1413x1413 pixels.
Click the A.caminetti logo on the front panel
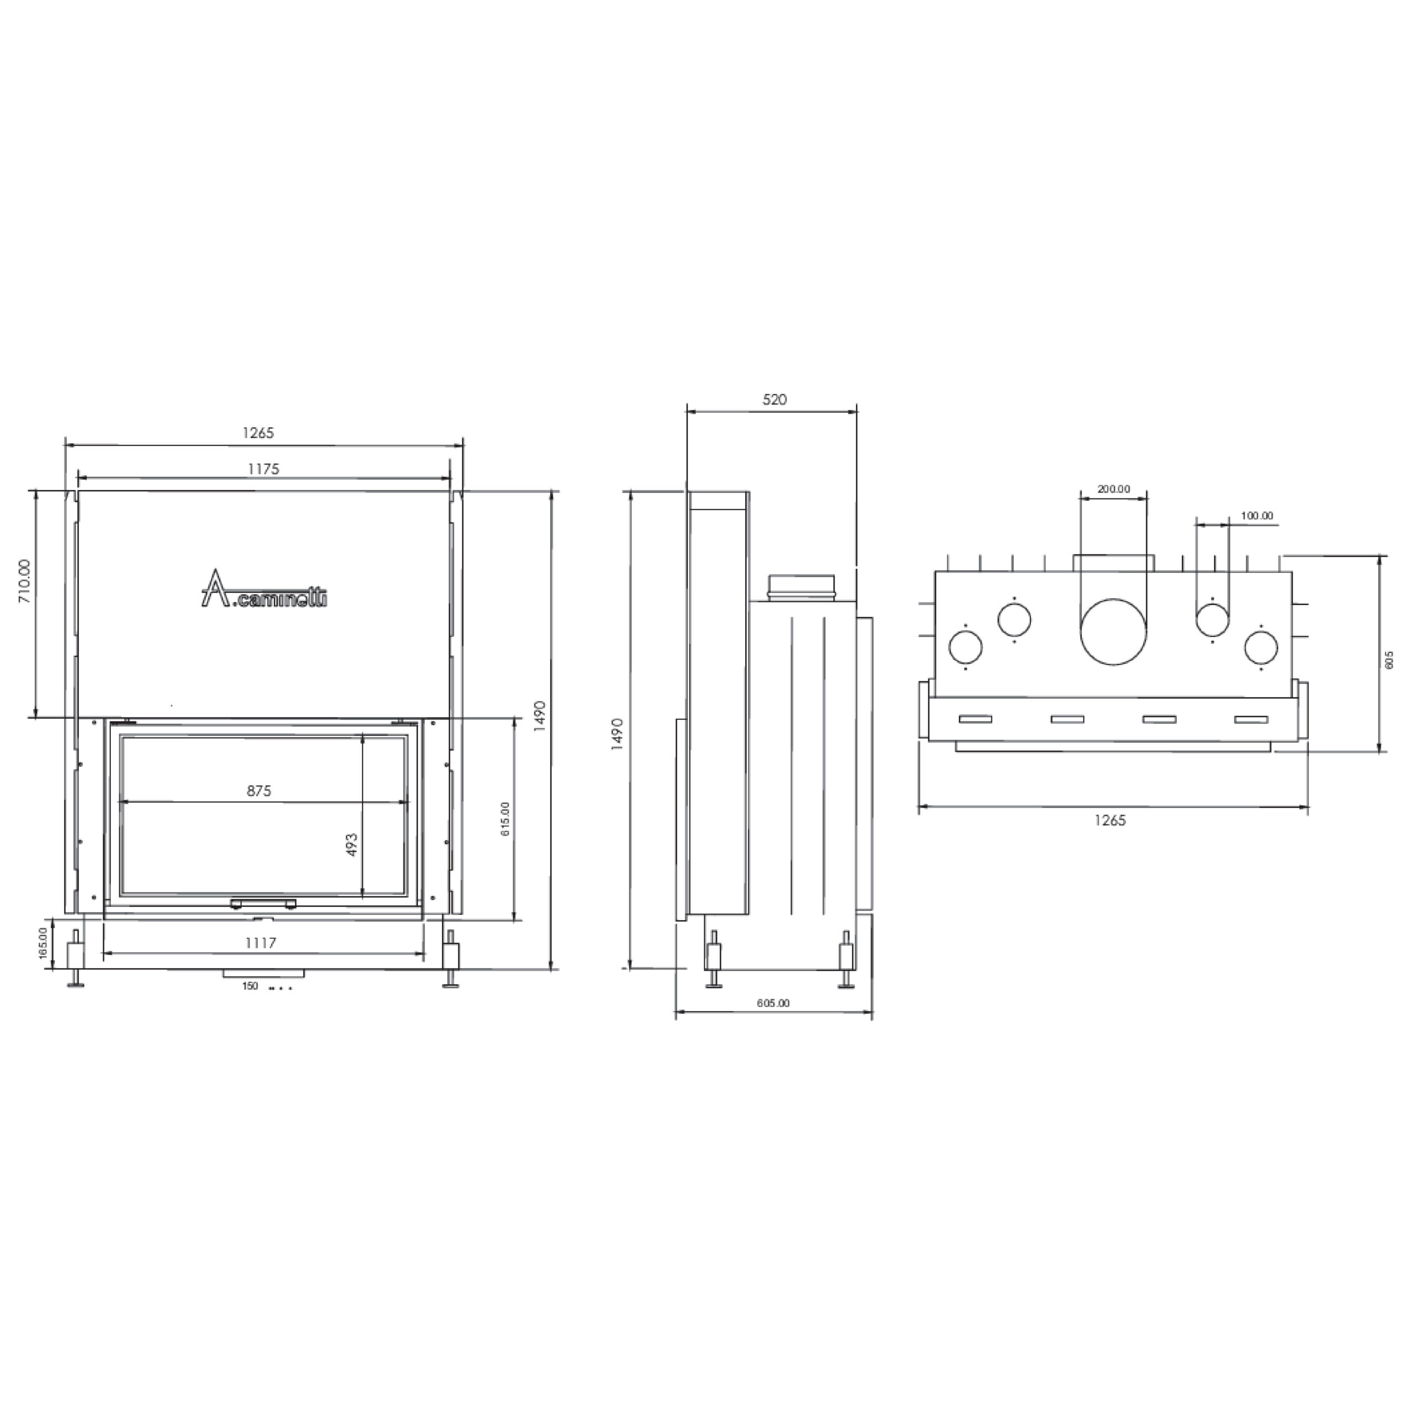click(x=264, y=589)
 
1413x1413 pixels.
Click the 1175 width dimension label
click(x=263, y=469)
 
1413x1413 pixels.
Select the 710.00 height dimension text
click(x=25, y=581)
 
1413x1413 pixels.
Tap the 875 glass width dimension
click(x=259, y=790)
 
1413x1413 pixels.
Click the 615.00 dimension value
click(x=506, y=819)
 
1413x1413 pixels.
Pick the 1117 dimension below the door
click(x=261, y=943)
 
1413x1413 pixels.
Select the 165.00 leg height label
click(x=43, y=943)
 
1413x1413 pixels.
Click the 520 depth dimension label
click(x=774, y=399)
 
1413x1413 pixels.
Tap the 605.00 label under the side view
click(x=773, y=1003)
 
